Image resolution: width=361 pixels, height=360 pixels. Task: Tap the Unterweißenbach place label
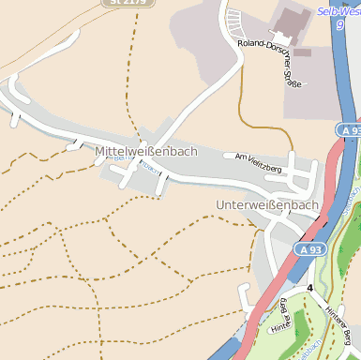point(267,204)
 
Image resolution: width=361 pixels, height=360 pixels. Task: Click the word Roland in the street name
point(251,43)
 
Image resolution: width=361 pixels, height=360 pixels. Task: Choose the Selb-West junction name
point(338,11)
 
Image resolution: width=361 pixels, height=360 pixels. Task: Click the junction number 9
point(339,26)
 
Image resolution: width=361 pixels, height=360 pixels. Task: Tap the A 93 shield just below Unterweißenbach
point(311,250)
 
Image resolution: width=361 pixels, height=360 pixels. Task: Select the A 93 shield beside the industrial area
point(349,131)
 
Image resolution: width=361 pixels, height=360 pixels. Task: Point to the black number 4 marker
point(309,287)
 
